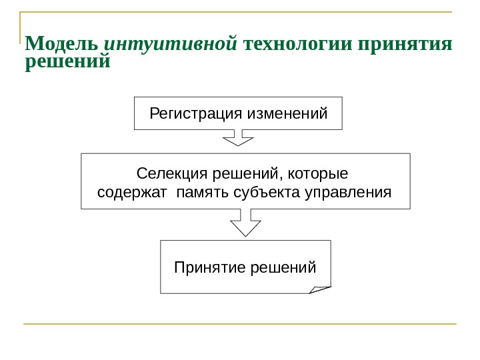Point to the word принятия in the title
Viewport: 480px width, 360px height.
point(405,46)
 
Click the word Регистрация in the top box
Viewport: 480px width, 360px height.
point(196,113)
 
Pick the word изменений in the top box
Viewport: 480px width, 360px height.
point(287,113)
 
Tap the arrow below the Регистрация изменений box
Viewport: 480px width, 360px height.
point(237,137)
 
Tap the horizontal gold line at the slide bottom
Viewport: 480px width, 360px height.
point(240,325)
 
